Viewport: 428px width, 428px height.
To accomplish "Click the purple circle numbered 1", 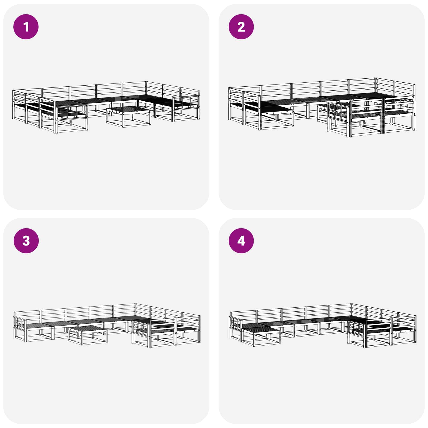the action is (26, 27).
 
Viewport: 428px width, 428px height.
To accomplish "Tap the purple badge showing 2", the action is (241, 27).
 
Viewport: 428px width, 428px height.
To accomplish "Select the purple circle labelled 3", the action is (26, 240).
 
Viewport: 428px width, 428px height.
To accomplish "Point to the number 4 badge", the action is (241, 240).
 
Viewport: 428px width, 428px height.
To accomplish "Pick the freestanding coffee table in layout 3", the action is (87, 334).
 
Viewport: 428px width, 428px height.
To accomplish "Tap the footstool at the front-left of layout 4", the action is (261, 334).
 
